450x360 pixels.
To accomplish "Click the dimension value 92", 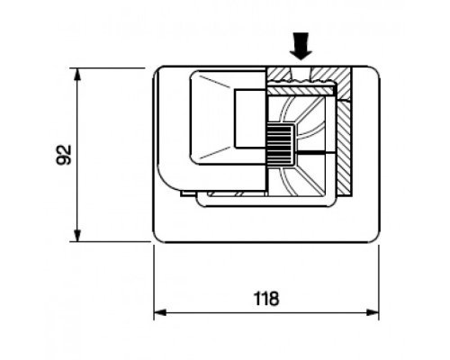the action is [64, 155].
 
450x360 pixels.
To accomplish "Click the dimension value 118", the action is [266, 299].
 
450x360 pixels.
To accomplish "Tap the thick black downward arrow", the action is [301, 46].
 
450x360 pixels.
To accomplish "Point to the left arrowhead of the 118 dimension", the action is [160, 312].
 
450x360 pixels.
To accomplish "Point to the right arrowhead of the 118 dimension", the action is [373, 312].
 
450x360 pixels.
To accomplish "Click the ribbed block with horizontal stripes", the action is [280, 146].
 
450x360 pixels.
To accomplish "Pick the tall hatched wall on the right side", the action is [344, 147].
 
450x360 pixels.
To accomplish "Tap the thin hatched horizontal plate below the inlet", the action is [301, 90].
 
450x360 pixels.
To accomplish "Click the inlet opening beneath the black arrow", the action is [301, 74].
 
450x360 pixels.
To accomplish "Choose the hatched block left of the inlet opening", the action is [279, 74].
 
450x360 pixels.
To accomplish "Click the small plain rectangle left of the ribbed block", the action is [250, 119].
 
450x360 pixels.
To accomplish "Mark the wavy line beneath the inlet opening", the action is [301, 81].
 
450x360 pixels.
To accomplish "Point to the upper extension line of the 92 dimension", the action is [108, 68].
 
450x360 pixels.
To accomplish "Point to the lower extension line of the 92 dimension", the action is [110, 241].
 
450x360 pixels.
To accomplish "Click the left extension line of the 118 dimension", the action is [154, 283].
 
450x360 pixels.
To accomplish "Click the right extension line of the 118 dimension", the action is [379, 283].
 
